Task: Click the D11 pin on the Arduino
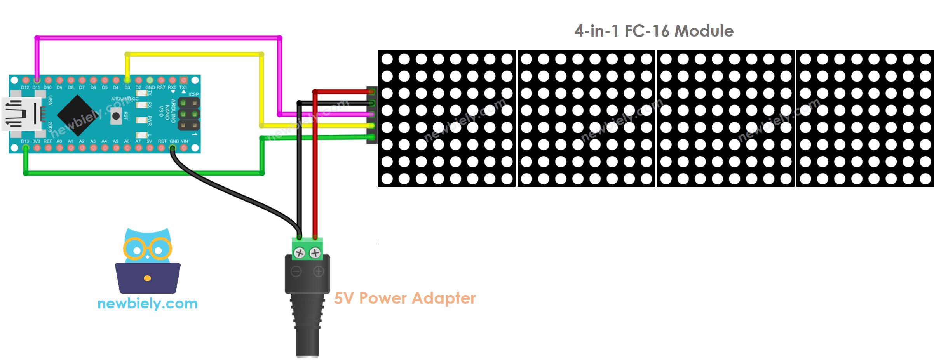37,80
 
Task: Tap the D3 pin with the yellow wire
127,80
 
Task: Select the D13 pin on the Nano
25,148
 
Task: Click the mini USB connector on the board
21,114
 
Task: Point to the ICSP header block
189,114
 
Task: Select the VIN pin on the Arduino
184,148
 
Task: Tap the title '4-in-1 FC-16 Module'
654,31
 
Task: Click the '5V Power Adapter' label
404,298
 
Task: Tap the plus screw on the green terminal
315,253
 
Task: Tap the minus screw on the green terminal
299,253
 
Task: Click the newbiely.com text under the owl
148,303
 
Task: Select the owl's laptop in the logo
148,278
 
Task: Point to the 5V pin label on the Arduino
149,141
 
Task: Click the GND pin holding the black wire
173,148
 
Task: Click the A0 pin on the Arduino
59,148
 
